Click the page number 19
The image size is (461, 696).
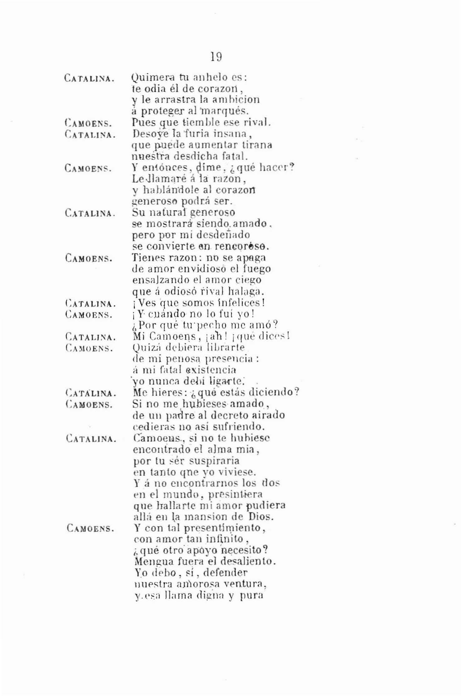[216, 57]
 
